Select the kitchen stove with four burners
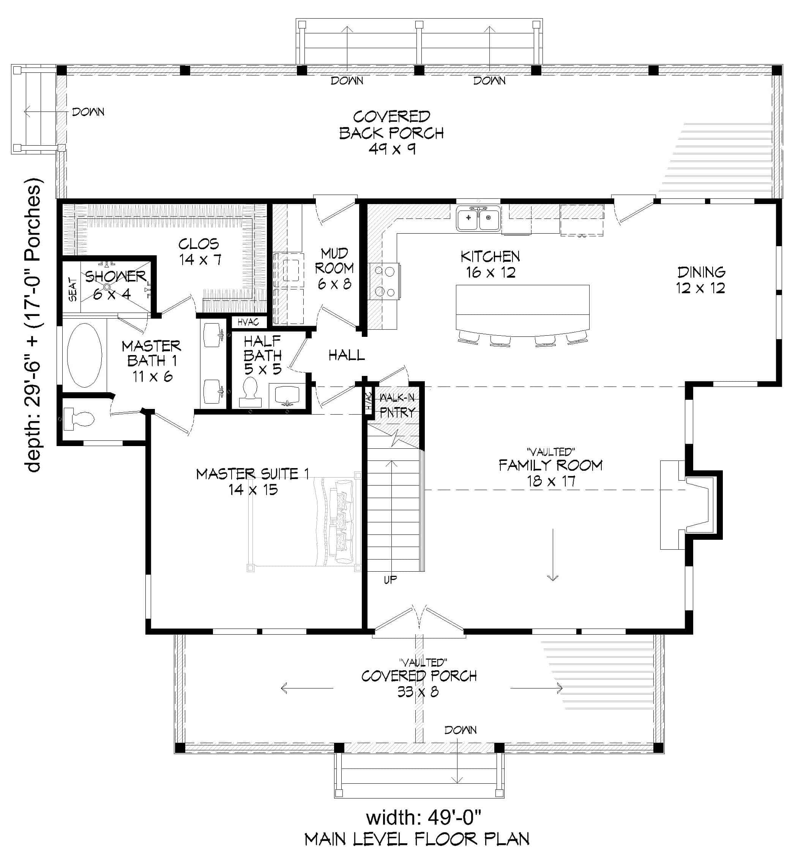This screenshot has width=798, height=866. pyautogui.click(x=384, y=282)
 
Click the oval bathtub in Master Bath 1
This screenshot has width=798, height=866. pyautogui.click(x=85, y=355)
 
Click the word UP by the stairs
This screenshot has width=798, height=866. pyautogui.click(x=390, y=580)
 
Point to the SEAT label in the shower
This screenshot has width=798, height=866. pyautogui.click(x=73, y=289)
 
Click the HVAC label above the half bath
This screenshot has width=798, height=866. pyautogui.click(x=248, y=322)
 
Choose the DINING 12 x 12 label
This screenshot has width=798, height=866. pyautogui.click(x=700, y=280)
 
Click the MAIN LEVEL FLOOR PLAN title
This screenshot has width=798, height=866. pyautogui.click(x=417, y=839)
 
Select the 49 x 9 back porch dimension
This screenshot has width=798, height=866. pyautogui.click(x=392, y=149)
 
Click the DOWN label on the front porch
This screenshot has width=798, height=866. pyautogui.click(x=461, y=730)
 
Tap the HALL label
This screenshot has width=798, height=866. pyautogui.click(x=346, y=355)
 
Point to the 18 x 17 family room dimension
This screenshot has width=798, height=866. pyautogui.click(x=550, y=481)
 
